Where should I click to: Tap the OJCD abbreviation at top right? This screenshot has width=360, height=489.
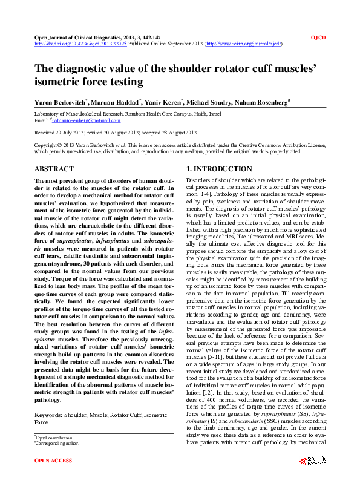tap(318, 38)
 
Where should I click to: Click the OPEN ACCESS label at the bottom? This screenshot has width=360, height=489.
tap(53, 478)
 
